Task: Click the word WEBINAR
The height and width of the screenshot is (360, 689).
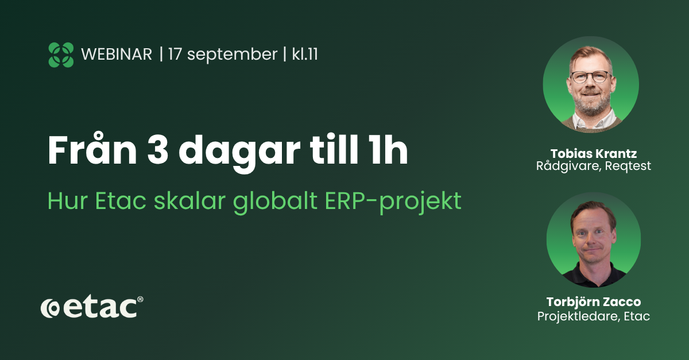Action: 117,55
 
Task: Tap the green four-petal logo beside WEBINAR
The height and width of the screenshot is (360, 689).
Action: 61,55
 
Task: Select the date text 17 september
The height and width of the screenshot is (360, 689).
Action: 223,55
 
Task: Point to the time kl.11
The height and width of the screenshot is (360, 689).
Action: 305,54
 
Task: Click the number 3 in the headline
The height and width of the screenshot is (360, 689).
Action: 158,150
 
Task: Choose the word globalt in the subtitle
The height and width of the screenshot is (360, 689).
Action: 275,202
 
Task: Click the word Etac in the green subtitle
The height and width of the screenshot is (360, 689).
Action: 120,201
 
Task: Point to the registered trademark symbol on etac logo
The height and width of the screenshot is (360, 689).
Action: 140,299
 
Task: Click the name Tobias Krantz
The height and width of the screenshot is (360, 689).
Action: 593,153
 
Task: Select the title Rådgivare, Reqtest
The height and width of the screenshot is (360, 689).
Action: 593,166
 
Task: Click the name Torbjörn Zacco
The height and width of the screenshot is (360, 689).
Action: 593,302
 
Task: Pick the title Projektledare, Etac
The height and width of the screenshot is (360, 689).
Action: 593,316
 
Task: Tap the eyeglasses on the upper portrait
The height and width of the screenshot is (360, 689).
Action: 590,76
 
